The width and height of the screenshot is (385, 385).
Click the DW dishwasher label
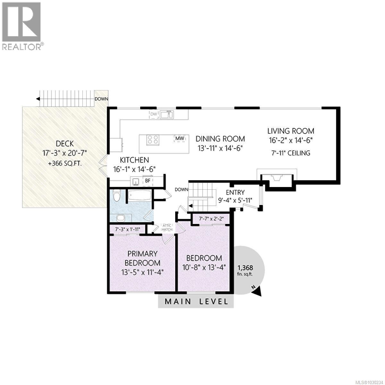[154, 114]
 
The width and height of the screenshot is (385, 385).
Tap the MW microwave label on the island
[179, 138]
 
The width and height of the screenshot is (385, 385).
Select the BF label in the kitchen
[148, 181]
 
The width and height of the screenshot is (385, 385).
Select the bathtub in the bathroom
[139, 195]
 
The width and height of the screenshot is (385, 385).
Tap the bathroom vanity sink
[121, 218]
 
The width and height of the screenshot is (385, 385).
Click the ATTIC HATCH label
[167, 227]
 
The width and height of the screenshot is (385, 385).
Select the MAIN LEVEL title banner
[196, 302]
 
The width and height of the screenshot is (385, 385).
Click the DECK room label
[65, 143]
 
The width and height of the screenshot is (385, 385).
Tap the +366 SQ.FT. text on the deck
[65, 163]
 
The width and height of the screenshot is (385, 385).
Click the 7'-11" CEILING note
[291, 153]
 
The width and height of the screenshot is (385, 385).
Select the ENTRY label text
[235, 193]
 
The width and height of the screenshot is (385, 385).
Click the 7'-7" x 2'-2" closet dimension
[211, 219]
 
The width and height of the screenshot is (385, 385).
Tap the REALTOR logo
[22, 26]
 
